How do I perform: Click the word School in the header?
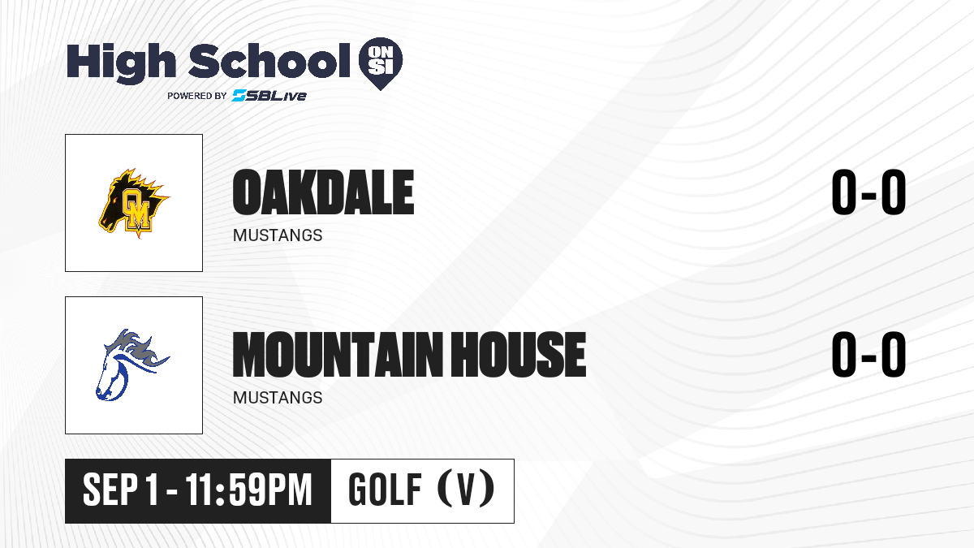[269, 60]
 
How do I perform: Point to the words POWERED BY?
[197, 96]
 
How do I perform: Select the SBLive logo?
[269, 95]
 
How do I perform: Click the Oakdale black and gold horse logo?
[133, 203]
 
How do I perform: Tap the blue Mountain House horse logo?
[132, 365]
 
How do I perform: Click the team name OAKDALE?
[323, 192]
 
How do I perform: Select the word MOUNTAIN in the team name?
[338, 354]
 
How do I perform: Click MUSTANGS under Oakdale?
[278, 235]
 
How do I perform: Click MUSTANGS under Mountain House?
[278, 398]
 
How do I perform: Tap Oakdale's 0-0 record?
[868, 192]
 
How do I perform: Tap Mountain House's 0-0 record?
[868, 354]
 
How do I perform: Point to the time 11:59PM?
[248, 490]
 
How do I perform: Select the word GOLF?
[386, 490]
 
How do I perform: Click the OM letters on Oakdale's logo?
[136, 209]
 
